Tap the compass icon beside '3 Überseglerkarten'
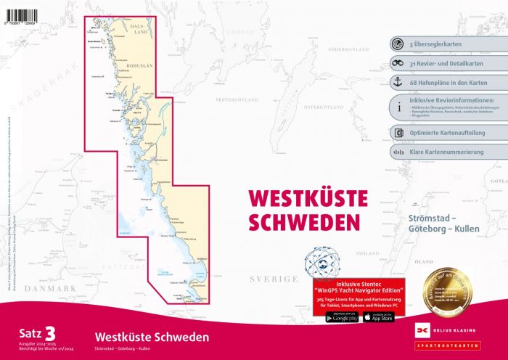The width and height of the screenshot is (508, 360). click(397, 43)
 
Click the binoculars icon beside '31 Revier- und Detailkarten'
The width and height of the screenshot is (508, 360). click(397, 62)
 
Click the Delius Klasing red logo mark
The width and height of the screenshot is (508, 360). click(419, 332)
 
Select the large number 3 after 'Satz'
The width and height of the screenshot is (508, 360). click(50, 333)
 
